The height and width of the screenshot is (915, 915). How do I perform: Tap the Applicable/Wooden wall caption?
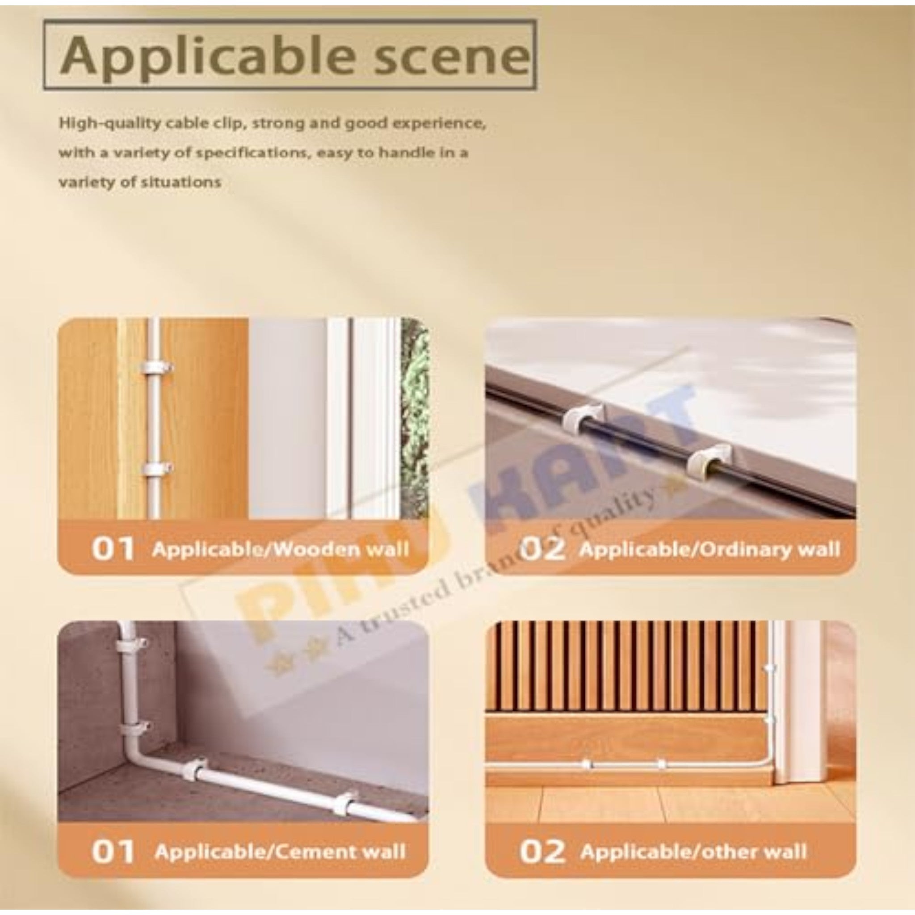(x=281, y=550)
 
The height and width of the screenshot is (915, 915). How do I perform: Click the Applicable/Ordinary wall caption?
(x=709, y=550)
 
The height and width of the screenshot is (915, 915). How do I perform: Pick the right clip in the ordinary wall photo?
(x=708, y=458)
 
